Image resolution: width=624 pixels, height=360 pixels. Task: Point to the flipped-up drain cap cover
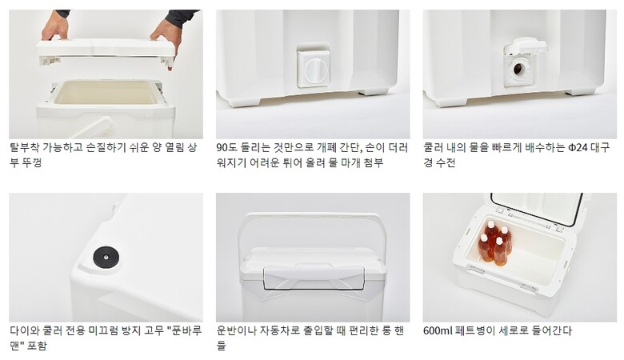(526, 46)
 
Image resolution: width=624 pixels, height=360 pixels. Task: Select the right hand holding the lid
(167, 37)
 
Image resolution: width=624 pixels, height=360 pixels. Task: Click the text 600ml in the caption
(437, 330)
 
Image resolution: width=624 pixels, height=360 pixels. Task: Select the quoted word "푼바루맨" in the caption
(105, 338)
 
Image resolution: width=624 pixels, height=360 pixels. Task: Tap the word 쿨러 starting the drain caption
(433, 148)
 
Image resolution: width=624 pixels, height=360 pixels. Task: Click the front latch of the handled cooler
(314, 278)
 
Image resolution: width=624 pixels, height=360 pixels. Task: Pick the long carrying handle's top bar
(312, 217)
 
